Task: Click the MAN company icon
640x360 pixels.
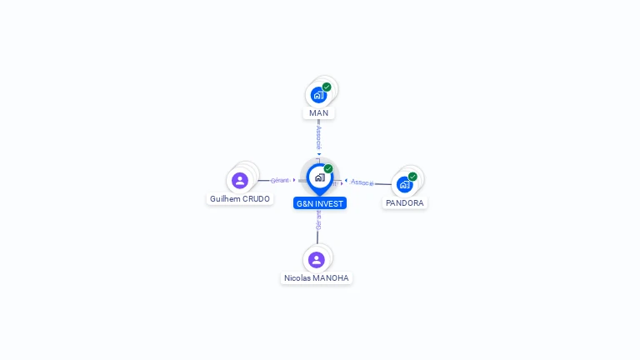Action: point(318,95)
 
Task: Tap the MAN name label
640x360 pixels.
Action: point(318,113)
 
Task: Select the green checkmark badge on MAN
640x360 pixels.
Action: point(327,87)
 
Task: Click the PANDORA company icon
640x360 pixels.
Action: point(405,184)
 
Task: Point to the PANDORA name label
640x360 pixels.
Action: point(405,203)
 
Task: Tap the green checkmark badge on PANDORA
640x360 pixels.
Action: point(412,177)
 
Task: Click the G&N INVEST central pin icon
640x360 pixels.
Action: point(319,177)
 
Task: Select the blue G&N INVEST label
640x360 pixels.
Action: point(320,203)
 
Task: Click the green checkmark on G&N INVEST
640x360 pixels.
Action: point(328,169)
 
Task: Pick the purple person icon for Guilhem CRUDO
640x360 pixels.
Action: point(240,181)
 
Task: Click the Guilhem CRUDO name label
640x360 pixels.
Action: point(240,199)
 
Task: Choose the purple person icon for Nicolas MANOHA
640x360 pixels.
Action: point(317,259)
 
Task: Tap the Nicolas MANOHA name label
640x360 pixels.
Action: point(317,278)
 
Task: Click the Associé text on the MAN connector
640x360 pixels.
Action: point(318,137)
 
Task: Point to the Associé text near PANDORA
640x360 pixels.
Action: point(362,182)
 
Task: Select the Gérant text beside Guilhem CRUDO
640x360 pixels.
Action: point(280,180)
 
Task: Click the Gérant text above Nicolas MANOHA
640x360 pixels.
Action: point(318,219)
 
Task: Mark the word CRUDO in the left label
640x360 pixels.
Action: point(255,199)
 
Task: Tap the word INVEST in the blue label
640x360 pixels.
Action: point(328,203)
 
